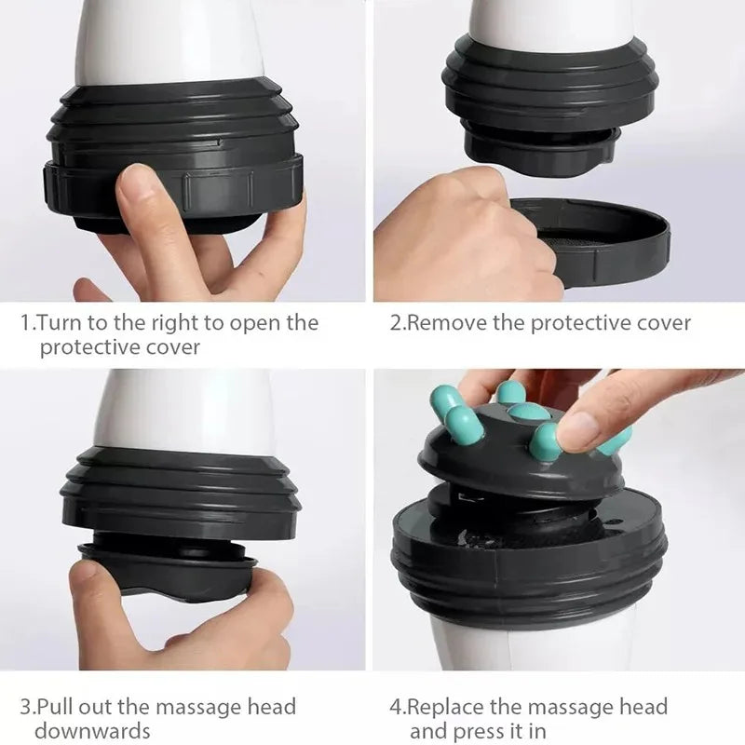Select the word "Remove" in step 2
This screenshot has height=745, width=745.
[x=445, y=323]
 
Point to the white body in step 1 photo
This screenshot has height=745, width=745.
[x=168, y=42]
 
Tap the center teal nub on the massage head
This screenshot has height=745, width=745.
[x=528, y=412]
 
